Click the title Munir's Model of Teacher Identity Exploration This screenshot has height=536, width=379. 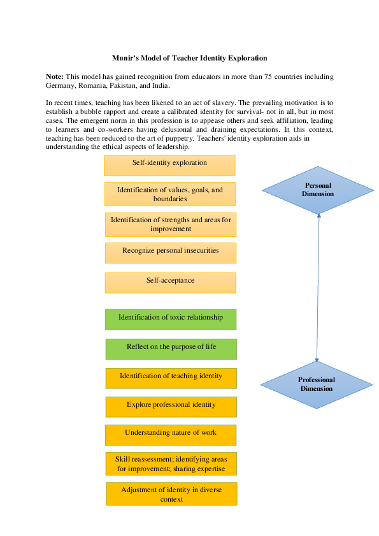pyautogui.click(x=189, y=58)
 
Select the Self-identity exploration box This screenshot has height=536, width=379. pyautogui.click(x=169, y=165)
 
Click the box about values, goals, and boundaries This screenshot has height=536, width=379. pyautogui.click(x=169, y=194)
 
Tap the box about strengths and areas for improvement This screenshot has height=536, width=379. pyautogui.click(x=171, y=224)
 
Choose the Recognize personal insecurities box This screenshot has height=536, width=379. pyautogui.click(x=171, y=252)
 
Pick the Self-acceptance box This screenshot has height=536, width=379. pyautogui.click(x=171, y=282)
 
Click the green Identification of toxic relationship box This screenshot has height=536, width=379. pyautogui.click(x=171, y=319)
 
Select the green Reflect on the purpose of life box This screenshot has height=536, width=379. pyautogui.click(x=171, y=348)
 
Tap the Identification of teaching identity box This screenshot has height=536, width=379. pyautogui.click(x=171, y=377)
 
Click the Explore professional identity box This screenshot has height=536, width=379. pyautogui.click(x=171, y=406)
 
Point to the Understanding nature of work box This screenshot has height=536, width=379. pyautogui.click(x=171, y=434)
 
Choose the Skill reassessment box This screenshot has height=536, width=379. pyautogui.click(x=171, y=463)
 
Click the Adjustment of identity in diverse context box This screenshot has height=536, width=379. pyautogui.click(x=171, y=494)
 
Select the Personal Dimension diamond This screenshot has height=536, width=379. pyautogui.click(x=318, y=190)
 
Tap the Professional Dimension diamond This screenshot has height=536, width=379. pyautogui.click(x=316, y=384)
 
